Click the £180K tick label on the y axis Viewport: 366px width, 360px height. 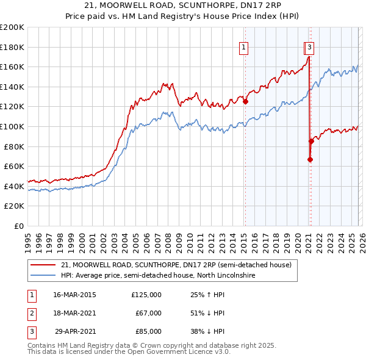[x=12, y=47]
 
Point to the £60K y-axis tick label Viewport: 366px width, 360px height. [x=14, y=166]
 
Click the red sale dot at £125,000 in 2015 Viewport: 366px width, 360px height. [x=245, y=102]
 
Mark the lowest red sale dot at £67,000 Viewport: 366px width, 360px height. [x=310, y=160]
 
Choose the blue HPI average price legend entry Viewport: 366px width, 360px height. [x=157, y=276]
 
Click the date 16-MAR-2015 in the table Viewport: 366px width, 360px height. [x=74, y=294]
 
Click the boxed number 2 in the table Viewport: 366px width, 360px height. [x=30, y=313]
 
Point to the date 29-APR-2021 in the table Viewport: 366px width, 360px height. [x=74, y=332]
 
